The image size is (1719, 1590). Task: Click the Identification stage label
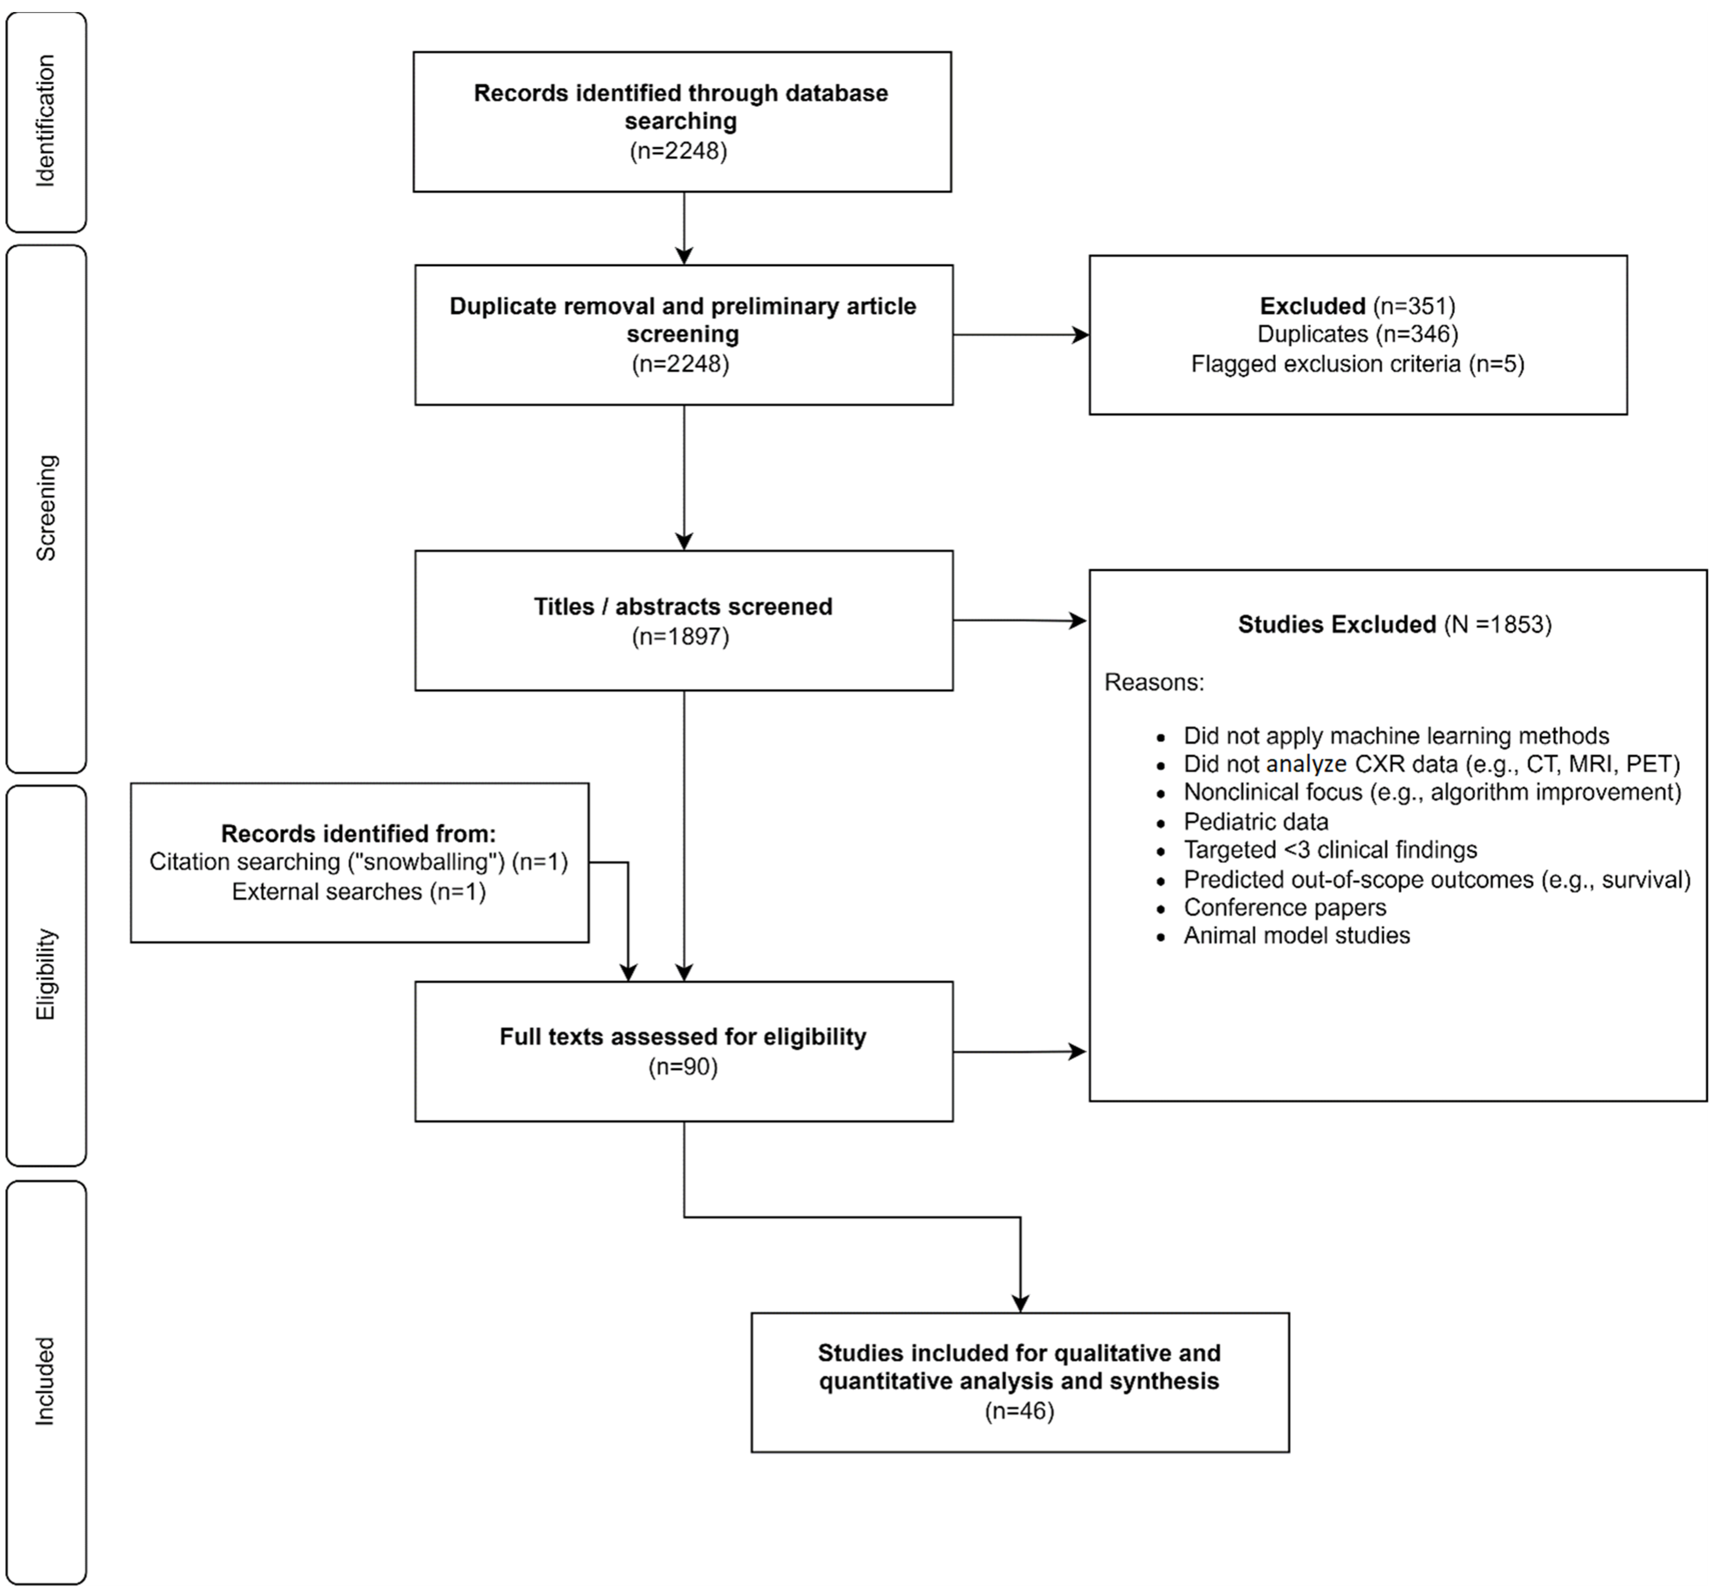click(46, 121)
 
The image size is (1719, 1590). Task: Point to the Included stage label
click(46, 1381)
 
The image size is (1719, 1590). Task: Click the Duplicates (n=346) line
click(1358, 334)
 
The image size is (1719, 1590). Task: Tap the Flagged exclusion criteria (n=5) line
click(1358, 364)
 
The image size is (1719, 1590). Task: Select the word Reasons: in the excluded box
click(1154, 682)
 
